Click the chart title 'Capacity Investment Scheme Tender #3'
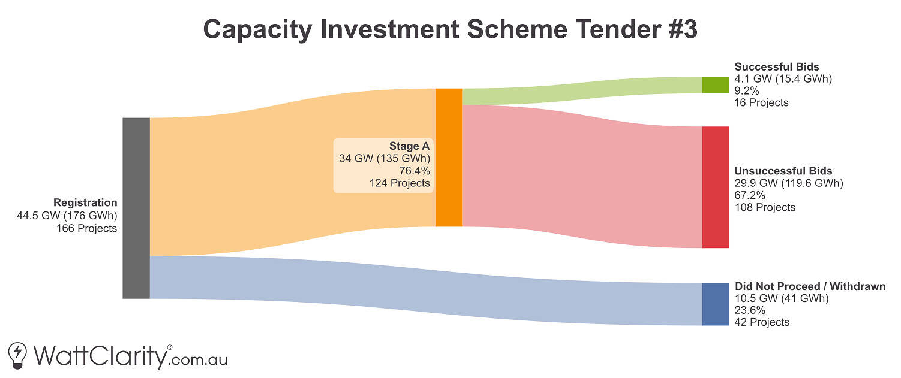[450, 29]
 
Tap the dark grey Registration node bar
[136, 208]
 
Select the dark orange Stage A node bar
[449, 158]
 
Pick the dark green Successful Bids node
[716, 85]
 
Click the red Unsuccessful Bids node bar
[716, 187]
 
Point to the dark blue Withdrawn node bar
[716, 304]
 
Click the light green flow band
[582, 91]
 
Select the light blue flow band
[426, 290]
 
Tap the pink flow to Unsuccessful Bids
[582, 176]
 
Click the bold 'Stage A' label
[409, 146]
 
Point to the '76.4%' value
[415, 171]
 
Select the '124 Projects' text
[400, 183]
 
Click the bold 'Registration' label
[85, 202]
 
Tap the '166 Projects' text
[86, 229]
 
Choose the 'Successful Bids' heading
[777, 66]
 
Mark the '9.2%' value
[747, 91]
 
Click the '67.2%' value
[750, 195]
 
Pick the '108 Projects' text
[765, 208]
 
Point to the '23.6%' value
[750, 310]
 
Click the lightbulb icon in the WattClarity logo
[18, 355]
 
